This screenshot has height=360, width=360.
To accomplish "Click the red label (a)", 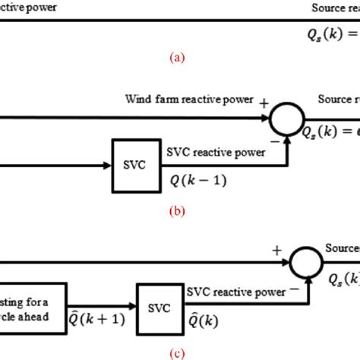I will pyautogui.click(x=176, y=56).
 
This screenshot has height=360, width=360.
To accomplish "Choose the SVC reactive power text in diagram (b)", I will pyautogui.click(x=216, y=152).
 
